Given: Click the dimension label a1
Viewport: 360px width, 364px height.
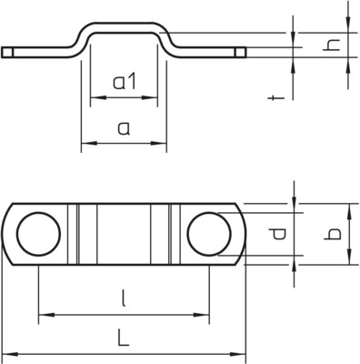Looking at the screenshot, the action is (x=125, y=82).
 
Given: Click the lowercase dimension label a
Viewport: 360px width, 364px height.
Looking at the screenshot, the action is (x=124, y=128).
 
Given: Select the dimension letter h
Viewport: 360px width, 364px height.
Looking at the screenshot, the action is (x=332, y=45).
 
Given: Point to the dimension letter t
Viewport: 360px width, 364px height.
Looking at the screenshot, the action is (x=276, y=98).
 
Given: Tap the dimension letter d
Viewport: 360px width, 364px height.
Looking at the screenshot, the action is (x=277, y=234).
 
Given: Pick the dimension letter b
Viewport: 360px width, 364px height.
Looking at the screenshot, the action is (x=332, y=234).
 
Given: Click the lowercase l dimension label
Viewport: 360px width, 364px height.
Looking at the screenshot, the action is (x=124, y=298).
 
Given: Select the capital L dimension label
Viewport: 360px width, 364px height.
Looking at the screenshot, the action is (x=124, y=338).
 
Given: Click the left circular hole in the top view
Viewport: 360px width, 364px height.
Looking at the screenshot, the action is (x=38, y=234).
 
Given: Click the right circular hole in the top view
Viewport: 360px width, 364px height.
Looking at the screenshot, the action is (x=209, y=234).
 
